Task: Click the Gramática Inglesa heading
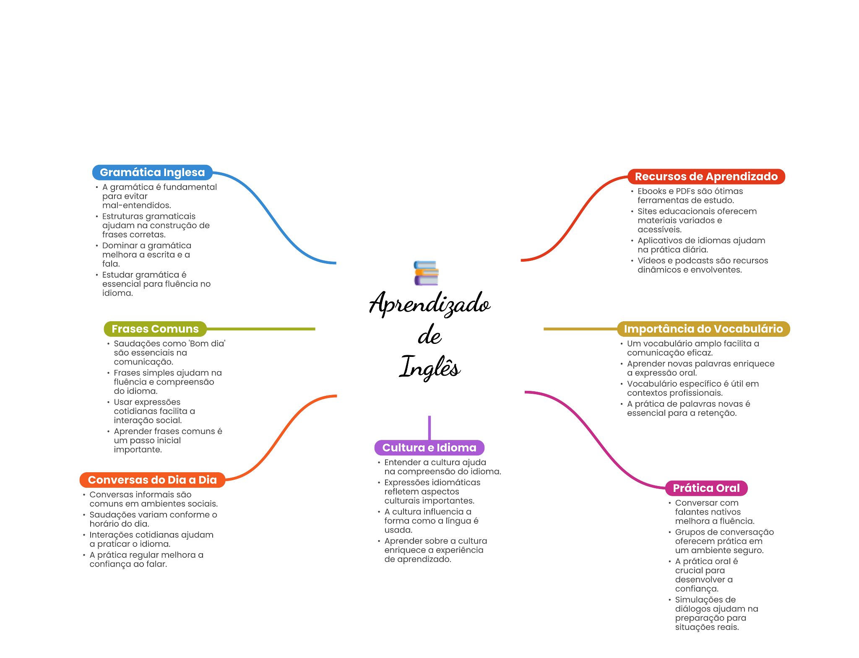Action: pyautogui.click(x=152, y=172)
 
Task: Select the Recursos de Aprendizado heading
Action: pyautogui.click(x=706, y=177)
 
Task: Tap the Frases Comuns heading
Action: pyautogui.click(x=155, y=329)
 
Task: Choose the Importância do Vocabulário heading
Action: pyautogui.click(x=703, y=329)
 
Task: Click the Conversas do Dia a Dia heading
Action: pyautogui.click(x=152, y=480)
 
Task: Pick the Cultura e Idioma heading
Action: pyautogui.click(x=429, y=447)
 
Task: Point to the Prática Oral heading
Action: pyautogui.click(x=706, y=488)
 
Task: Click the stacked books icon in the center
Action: pyautogui.click(x=426, y=273)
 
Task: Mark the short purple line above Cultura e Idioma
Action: pyautogui.click(x=429, y=427)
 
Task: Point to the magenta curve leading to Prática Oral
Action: pyautogui.click(x=596, y=440)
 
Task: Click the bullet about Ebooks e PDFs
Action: pyautogui.click(x=690, y=196)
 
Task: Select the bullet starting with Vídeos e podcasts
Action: pyautogui.click(x=703, y=265)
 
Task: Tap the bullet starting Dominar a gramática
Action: pyautogui.click(x=146, y=255)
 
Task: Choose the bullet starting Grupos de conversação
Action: pyautogui.click(x=724, y=541)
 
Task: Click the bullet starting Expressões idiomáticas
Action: pyautogui.click(x=432, y=492)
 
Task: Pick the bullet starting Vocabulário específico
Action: pyautogui.click(x=692, y=388)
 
